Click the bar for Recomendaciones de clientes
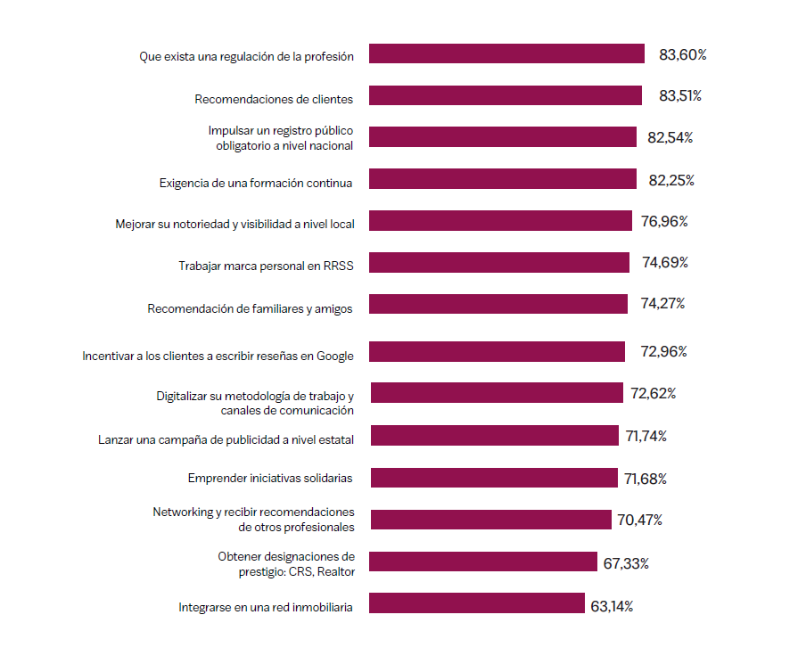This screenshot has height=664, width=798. (506, 95)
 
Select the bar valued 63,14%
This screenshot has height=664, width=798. (477, 603)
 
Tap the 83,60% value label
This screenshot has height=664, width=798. (683, 55)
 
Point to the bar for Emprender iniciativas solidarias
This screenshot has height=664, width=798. (494, 478)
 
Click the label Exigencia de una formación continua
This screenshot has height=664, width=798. (256, 183)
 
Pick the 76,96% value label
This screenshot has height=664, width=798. (664, 221)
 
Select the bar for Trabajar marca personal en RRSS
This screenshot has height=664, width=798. (499, 262)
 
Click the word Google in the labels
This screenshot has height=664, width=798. (335, 356)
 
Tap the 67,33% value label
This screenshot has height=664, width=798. (626, 563)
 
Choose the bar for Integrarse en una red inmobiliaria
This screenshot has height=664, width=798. (477, 603)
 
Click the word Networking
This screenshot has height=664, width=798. (181, 512)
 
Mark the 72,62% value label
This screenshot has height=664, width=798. (653, 393)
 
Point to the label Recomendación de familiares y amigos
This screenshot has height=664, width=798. (250, 309)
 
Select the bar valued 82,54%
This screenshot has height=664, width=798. (503, 137)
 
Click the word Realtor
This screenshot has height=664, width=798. (333, 571)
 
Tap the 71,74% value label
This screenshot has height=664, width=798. (646, 436)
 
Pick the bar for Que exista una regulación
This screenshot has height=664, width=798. (506, 53)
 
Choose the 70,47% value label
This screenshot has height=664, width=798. (638, 520)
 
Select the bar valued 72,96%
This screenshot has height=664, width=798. (497, 351)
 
